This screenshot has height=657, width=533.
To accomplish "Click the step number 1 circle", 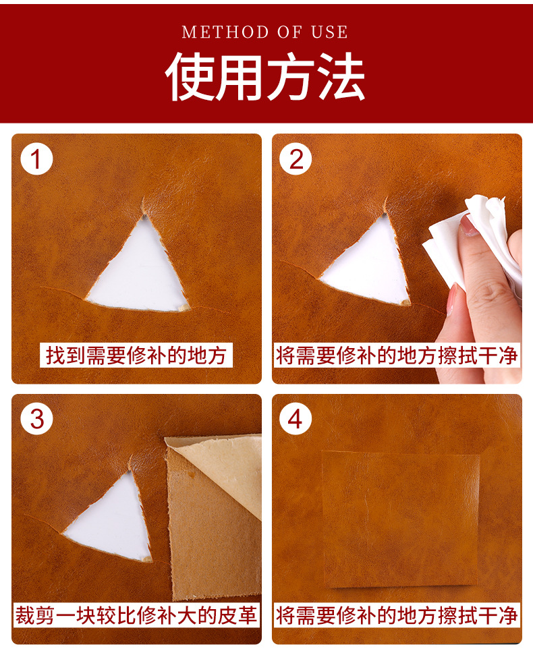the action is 36,159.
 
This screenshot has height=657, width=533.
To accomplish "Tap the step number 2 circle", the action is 296,159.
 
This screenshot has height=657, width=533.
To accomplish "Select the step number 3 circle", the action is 37,419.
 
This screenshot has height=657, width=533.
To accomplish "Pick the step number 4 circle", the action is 296,419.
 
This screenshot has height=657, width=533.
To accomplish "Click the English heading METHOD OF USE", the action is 265,32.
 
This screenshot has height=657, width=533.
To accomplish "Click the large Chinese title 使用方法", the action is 265,77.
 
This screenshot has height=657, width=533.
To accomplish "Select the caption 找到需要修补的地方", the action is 136,355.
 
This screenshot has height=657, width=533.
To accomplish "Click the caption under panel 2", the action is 397,355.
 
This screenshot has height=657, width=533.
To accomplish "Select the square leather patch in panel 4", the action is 401,519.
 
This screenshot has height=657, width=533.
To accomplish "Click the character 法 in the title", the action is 341,77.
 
